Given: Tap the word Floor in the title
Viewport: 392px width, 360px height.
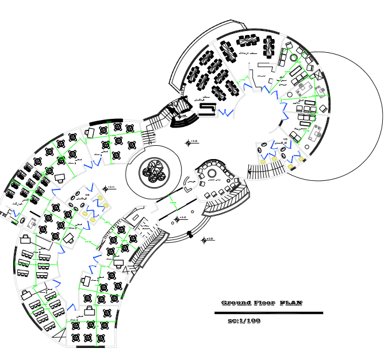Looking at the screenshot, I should (x=264, y=303).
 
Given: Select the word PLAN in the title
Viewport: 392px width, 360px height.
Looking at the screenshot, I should (x=291, y=303).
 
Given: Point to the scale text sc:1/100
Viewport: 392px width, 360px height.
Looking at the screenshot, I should (x=244, y=321).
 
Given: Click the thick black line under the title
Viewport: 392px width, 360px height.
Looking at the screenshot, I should (x=268, y=313).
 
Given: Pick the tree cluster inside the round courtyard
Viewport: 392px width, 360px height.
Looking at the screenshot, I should (x=153, y=171).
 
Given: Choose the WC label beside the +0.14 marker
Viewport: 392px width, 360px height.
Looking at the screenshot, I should (x=87, y=195).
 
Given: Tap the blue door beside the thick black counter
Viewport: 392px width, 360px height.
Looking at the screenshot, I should (x=229, y=112).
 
